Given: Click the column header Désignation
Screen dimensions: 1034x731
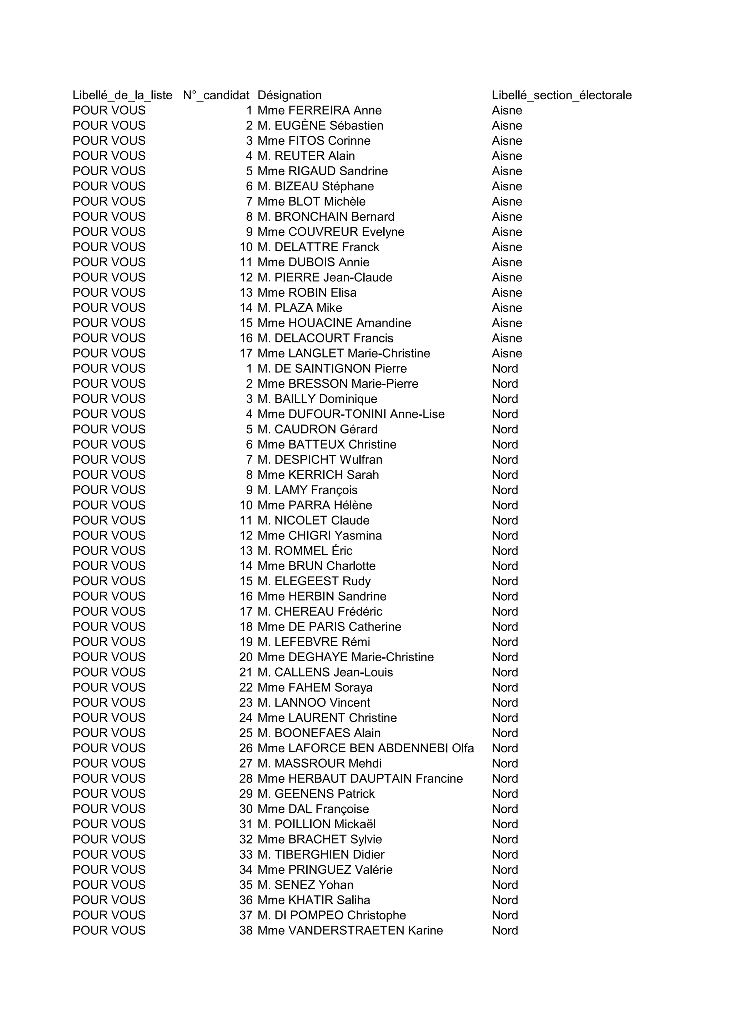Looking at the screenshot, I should (289, 95).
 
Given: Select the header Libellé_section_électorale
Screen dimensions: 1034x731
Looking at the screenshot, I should (561, 95).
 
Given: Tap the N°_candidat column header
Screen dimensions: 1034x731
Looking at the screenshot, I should (216, 95).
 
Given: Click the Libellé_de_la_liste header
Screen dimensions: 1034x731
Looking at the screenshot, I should (122, 95).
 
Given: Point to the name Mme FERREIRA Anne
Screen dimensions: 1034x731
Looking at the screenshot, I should (319, 110).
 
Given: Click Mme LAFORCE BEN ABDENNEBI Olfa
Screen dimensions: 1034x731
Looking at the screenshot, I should (365, 748).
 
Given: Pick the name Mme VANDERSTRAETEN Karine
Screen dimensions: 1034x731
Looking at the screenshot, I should (350, 930).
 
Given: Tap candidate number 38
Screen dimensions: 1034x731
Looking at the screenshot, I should (246, 930).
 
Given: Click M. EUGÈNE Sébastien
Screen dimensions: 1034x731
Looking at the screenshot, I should (320, 126).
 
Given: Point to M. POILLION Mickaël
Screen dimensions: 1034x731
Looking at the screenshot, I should (317, 824).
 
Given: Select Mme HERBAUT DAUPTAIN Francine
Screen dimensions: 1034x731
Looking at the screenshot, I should (360, 779).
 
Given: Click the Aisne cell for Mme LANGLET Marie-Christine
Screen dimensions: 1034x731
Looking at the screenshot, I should (507, 353).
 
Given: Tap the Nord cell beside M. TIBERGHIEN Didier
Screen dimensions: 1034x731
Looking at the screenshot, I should (505, 854).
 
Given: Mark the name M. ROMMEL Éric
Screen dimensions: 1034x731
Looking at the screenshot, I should (305, 551).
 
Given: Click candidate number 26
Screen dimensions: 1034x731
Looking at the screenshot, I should (246, 748).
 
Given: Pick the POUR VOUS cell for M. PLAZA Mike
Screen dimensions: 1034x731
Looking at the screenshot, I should (109, 307).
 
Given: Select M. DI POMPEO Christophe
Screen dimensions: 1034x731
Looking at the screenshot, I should (331, 915).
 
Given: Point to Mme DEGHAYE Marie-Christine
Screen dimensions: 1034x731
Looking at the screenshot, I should (345, 657).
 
